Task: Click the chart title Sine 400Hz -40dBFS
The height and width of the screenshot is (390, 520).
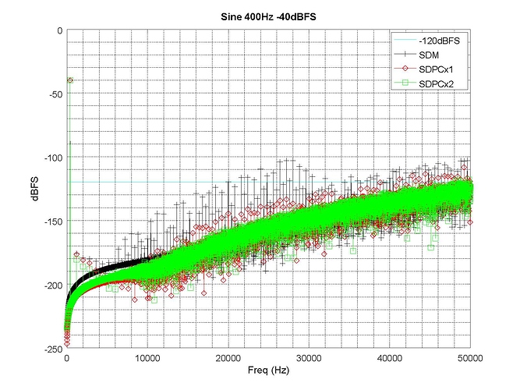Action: coord(270,17)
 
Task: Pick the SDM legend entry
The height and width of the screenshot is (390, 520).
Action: coord(430,55)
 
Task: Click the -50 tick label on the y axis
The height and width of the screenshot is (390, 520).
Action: coord(55,94)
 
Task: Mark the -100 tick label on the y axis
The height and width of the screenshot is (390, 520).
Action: coord(53,158)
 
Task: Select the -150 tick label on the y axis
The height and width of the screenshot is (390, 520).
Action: coord(53,222)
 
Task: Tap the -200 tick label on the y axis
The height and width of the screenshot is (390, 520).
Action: coord(53,285)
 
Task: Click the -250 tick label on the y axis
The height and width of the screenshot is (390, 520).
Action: coord(53,349)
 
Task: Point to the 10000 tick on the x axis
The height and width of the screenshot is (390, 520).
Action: coord(147,358)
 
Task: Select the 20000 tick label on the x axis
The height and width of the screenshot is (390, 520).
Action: coord(228,358)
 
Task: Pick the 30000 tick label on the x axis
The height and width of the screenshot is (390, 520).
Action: coord(310,358)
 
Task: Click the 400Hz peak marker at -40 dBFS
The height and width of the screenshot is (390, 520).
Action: coord(70,80)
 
